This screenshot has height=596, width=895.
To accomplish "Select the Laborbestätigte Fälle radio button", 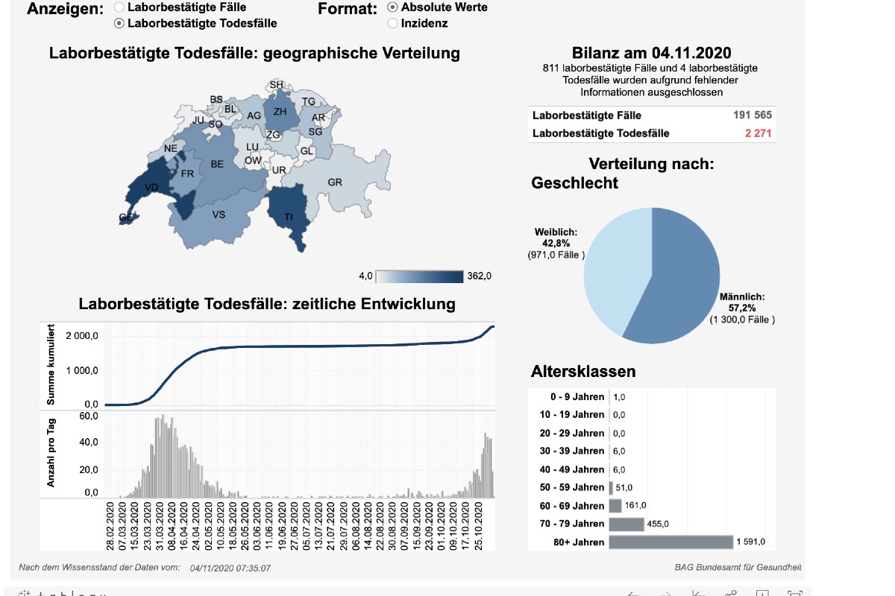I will tap(119, 7).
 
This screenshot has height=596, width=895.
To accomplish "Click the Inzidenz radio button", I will tap(392, 23).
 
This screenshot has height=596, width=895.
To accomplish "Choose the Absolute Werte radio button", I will tap(392, 7).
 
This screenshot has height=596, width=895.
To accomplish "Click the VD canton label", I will tap(151, 187).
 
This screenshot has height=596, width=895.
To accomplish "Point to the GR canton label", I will tap(335, 183).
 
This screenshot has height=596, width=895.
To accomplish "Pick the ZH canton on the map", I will tap(280, 112).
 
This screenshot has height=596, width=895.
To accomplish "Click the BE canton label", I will tap(217, 164).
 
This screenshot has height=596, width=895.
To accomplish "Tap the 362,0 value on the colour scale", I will tap(478, 276).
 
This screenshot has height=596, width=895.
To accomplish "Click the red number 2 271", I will tap(758, 133).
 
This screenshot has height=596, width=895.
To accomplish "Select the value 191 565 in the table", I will tap(752, 115).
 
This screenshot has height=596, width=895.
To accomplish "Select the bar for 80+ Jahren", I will tap(671, 542).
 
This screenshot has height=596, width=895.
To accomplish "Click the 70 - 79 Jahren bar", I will tap(626, 524).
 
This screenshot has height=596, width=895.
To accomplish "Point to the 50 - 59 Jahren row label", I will tap(572, 487).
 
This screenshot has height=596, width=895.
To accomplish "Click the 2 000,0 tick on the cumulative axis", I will tap(82, 336).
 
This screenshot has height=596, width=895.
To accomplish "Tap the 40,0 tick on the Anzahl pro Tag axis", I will tap(87, 443).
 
